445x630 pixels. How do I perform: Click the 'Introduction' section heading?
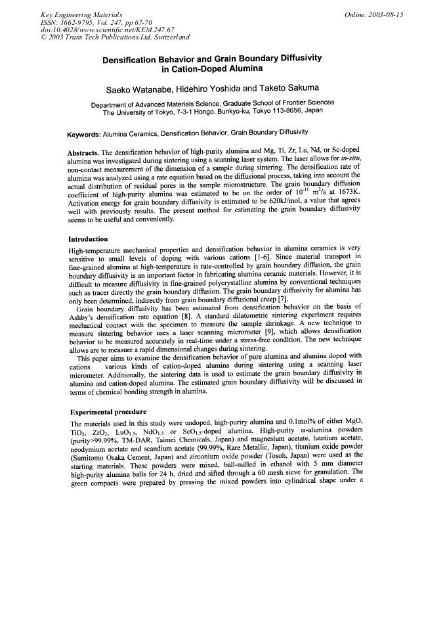click(x=89, y=221)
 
